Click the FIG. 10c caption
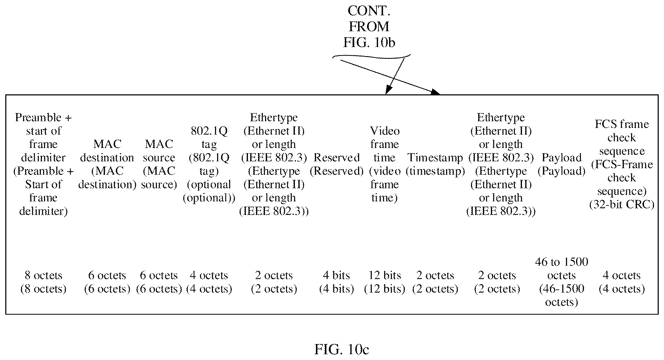click(342, 349)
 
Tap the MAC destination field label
click(107, 164)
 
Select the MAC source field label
click(159, 164)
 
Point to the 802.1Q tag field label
click(209, 164)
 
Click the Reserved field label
click(336, 164)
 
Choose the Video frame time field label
click(385, 164)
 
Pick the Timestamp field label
click(435, 164)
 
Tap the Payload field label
click(562, 164)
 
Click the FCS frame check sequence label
click(622, 164)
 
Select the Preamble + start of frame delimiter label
click(43, 164)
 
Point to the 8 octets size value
click(43, 282)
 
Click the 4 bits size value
click(336, 282)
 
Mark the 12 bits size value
click(385, 282)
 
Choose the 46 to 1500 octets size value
click(562, 282)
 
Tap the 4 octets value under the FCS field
click(622, 282)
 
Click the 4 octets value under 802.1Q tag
click(209, 282)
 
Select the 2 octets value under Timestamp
click(435, 282)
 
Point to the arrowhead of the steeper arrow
click(388, 91)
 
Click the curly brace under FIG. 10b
click(372, 56)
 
